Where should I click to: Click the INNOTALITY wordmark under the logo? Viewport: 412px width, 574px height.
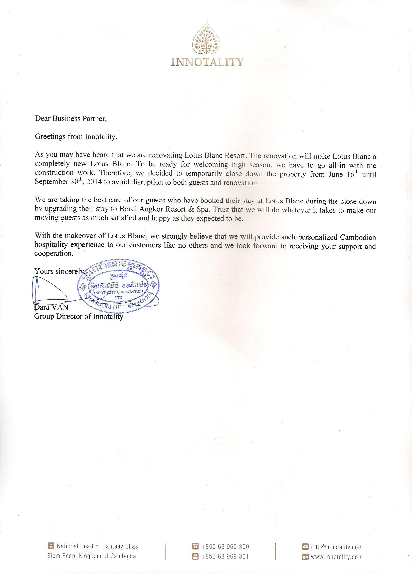pos(207,62)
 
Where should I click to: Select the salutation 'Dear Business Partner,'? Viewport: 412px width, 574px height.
pos(71,119)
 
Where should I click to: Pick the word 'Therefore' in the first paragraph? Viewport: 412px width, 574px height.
pos(114,174)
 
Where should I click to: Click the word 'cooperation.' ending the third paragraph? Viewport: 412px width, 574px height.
pos(54,254)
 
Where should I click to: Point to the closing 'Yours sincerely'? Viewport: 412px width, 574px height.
pos(59,271)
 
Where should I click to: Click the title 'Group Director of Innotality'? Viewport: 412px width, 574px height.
pos(79,317)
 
